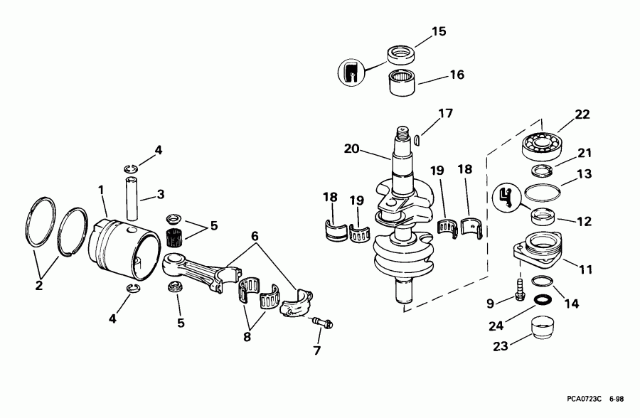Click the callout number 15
[x=439, y=31]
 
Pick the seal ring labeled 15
[x=402, y=55]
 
